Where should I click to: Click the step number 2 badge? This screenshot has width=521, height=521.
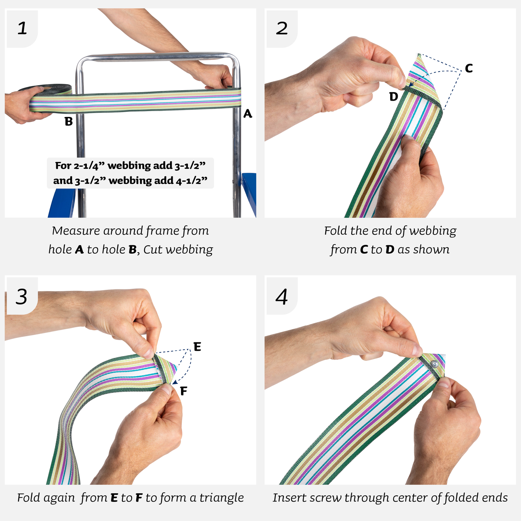[282, 29]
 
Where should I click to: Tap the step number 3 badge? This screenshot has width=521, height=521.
[22, 297]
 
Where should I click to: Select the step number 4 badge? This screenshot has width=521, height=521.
[282, 297]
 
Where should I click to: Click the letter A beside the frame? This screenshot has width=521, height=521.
[247, 114]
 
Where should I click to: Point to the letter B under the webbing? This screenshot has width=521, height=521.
[69, 122]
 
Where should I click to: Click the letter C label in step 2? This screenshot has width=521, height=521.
[469, 68]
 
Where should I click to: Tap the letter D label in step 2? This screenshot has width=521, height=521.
[393, 97]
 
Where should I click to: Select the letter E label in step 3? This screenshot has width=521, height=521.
[197, 347]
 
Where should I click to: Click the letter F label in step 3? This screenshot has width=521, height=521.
[184, 391]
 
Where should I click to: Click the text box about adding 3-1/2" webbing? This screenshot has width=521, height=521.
[130, 173]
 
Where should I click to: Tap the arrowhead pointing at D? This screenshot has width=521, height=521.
[411, 85]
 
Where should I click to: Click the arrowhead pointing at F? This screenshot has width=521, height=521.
[174, 382]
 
